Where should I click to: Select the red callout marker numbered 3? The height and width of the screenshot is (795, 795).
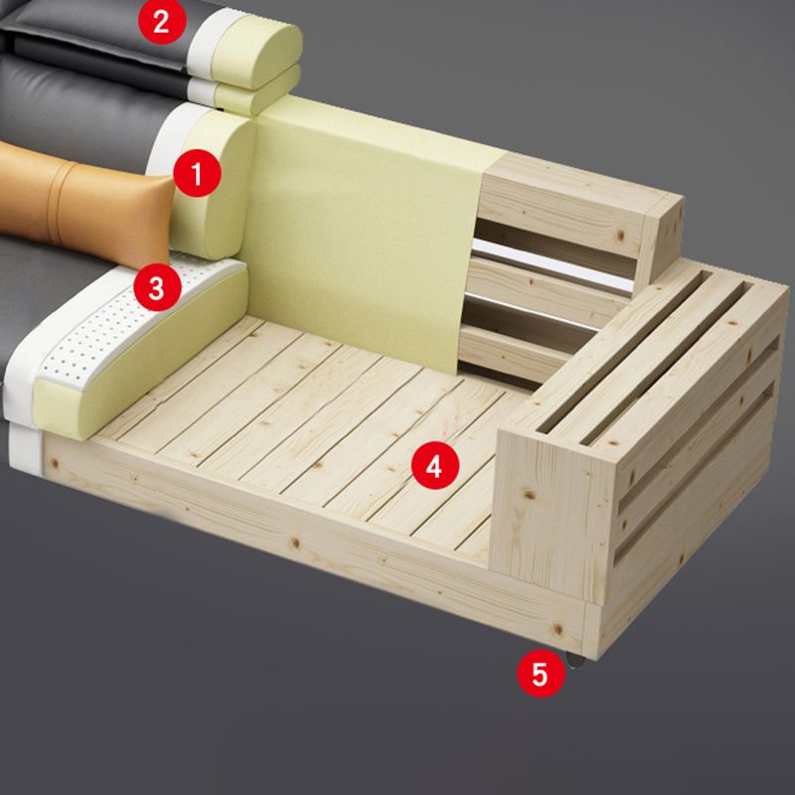157,288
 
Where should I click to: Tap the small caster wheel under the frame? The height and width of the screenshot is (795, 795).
574,658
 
